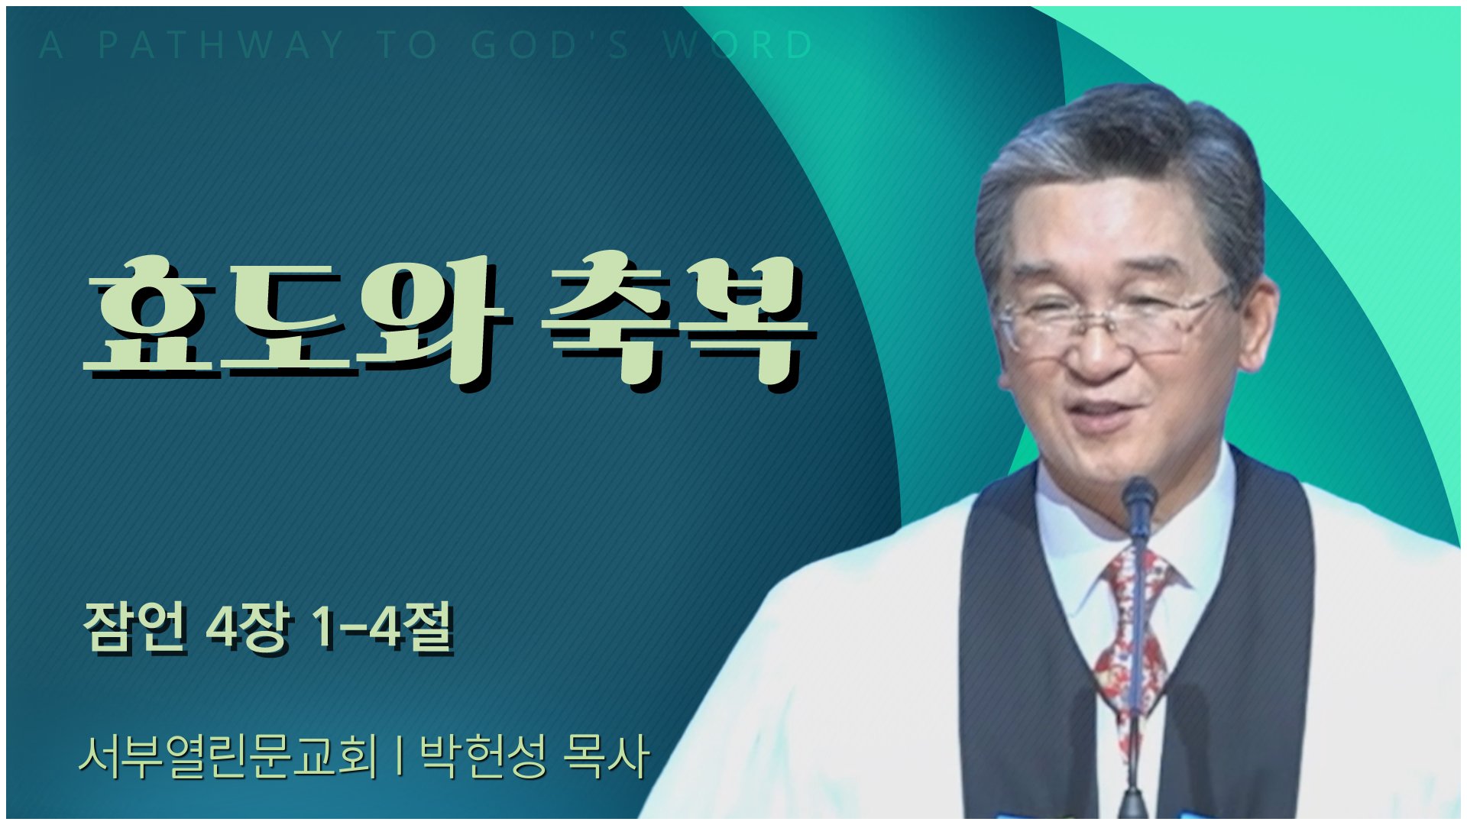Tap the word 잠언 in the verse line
[135, 628]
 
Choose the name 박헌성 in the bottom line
[484, 757]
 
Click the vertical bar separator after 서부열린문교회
[400, 755]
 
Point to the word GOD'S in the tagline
[551, 45]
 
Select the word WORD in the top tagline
[738, 45]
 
